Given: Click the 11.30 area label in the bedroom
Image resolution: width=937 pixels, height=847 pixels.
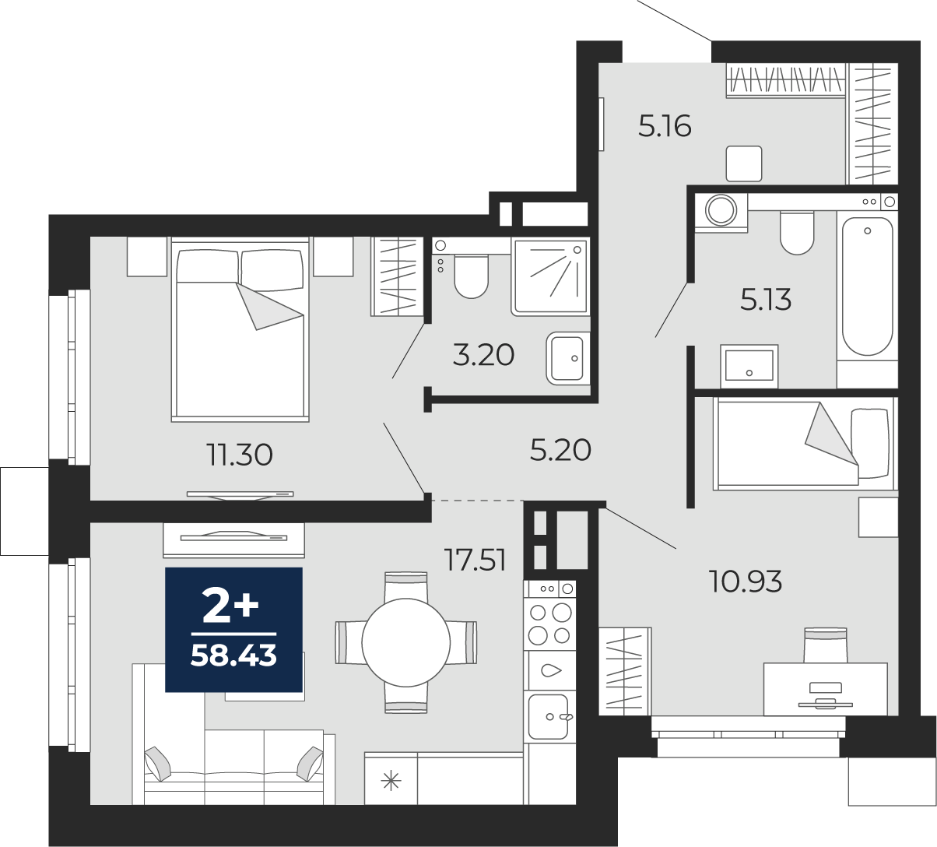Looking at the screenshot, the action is pyautogui.click(x=240, y=455).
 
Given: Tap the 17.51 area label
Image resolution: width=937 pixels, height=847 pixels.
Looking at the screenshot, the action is pyautogui.click(x=476, y=561).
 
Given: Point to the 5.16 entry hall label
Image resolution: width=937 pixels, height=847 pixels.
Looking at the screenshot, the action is pyautogui.click(x=665, y=126).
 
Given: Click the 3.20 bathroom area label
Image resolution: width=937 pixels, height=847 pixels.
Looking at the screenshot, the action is pyautogui.click(x=483, y=355).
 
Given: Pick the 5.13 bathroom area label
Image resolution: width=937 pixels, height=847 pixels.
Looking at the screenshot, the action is pyautogui.click(x=766, y=300).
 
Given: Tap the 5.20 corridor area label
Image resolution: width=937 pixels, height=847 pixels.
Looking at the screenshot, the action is pyautogui.click(x=560, y=451).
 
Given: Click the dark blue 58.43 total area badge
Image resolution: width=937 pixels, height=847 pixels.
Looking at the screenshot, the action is pyautogui.click(x=233, y=630).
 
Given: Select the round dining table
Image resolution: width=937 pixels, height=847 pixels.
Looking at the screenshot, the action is pyautogui.click(x=406, y=642).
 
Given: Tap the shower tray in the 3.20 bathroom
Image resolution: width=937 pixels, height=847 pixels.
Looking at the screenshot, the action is pyautogui.click(x=551, y=276).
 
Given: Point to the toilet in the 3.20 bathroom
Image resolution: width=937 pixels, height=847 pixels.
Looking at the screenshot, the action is pyautogui.click(x=472, y=276).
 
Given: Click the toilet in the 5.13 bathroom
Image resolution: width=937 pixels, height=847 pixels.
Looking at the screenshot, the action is pyautogui.click(x=797, y=233).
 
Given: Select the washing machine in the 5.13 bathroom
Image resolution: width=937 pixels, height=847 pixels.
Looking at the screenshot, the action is pyautogui.click(x=721, y=213).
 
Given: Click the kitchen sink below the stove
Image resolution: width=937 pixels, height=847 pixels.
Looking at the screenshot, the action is pyautogui.click(x=549, y=716).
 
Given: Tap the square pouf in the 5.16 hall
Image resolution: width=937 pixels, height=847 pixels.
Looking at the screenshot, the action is pyautogui.click(x=744, y=163).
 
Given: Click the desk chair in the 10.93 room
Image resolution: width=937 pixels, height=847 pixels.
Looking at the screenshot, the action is pyautogui.click(x=826, y=645).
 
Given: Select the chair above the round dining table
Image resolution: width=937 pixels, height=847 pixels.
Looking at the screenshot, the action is pyautogui.click(x=405, y=585).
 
